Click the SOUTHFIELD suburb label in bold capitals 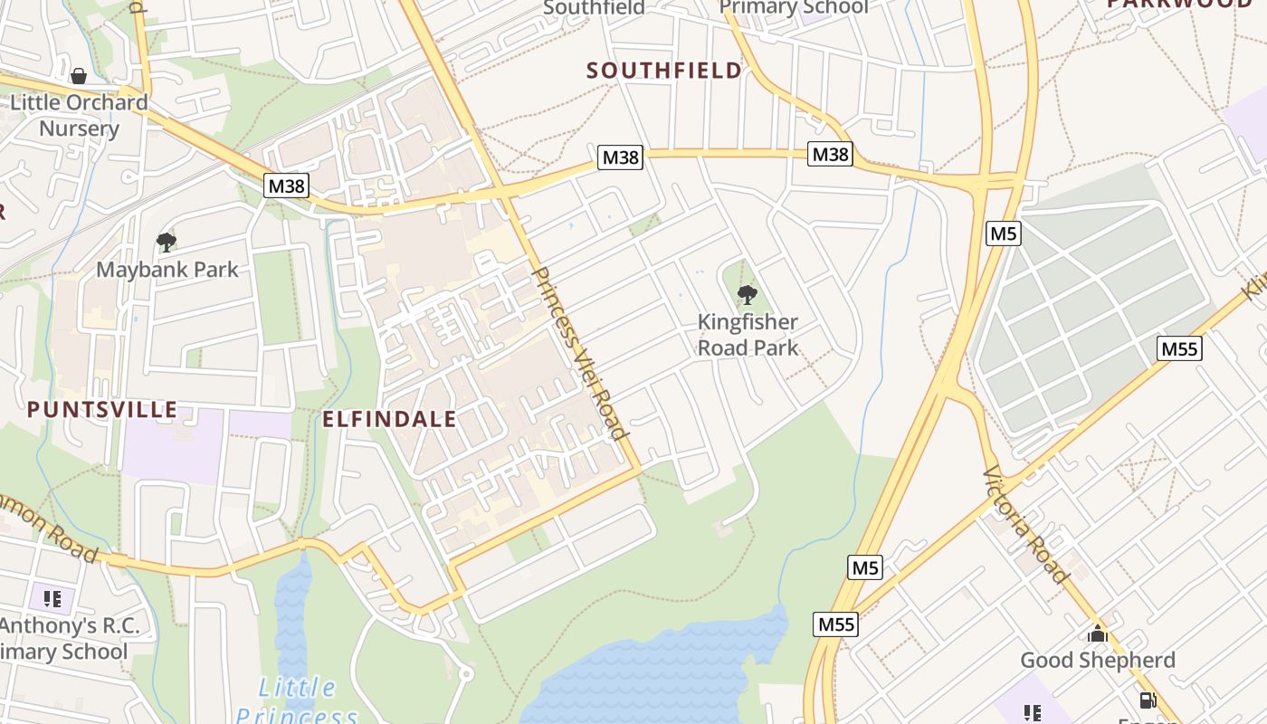click(x=664, y=71)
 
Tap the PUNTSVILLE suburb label click(x=102, y=409)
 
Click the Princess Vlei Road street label click(x=580, y=353)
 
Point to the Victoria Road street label click(x=1025, y=524)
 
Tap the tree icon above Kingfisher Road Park click(x=747, y=294)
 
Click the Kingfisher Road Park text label click(x=748, y=335)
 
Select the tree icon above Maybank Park click(x=166, y=242)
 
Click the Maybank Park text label click(x=167, y=270)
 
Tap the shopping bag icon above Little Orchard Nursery click(x=79, y=76)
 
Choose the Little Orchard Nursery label click(x=79, y=115)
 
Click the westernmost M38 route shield click(x=287, y=186)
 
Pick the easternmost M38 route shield click(x=830, y=154)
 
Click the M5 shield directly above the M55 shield click(x=865, y=568)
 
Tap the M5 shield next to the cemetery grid click(x=1004, y=233)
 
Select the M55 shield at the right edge click(x=1180, y=348)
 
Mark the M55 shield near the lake click(x=835, y=624)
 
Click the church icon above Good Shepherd click(x=1098, y=633)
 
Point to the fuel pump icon click(x=1148, y=700)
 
